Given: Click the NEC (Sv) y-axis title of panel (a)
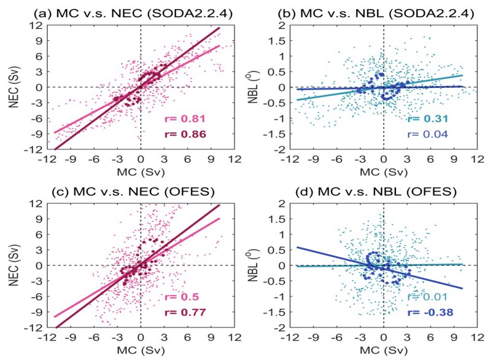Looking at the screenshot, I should tap(12, 87).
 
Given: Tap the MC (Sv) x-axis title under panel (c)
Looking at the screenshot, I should tap(141, 353).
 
